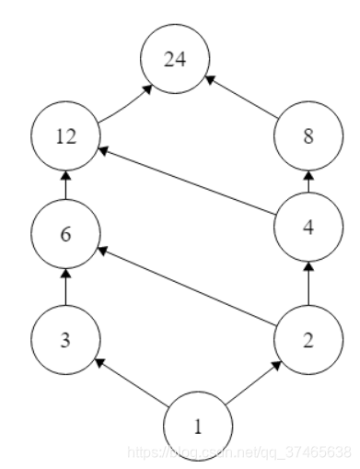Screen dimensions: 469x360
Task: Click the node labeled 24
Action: [174, 61]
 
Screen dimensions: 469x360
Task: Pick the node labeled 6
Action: [64, 235]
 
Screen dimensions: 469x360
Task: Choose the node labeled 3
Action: [64, 340]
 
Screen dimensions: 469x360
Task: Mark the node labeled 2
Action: [308, 340]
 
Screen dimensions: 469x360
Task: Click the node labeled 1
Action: [196, 426]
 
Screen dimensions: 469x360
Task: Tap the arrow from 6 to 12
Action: [64, 187]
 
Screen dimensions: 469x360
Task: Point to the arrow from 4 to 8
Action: [308, 182]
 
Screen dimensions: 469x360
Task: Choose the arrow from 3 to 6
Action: [64, 287]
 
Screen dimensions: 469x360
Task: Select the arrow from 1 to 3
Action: [131, 381]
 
